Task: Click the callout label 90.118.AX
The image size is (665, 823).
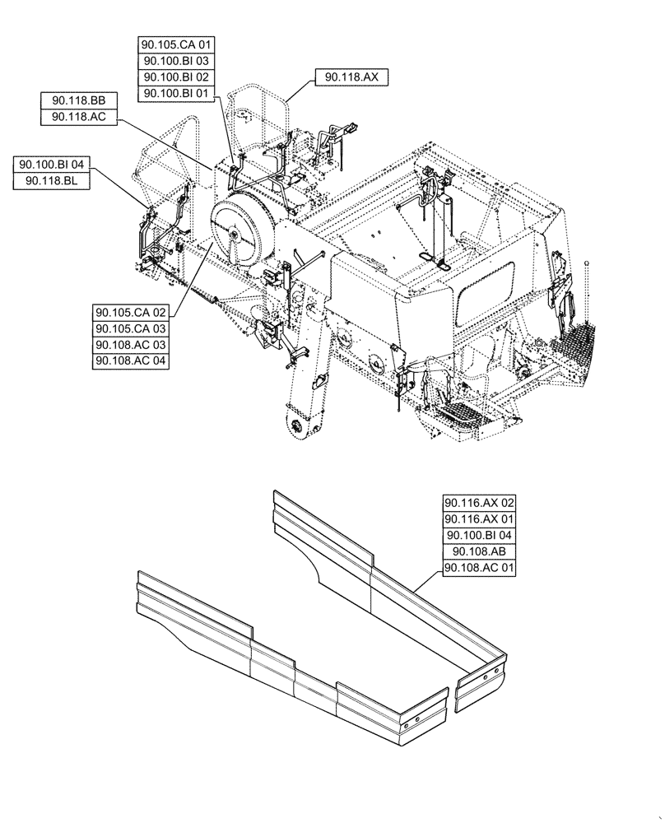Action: pyautogui.click(x=351, y=77)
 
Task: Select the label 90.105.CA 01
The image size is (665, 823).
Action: pyautogui.click(x=177, y=44)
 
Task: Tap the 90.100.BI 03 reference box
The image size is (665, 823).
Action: pyautogui.click(x=177, y=61)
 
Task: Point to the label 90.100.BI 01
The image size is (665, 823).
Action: pyautogui.click(x=177, y=94)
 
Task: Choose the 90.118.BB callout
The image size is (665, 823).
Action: pyautogui.click(x=79, y=100)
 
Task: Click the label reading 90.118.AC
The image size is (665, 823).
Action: pyautogui.click(x=79, y=117)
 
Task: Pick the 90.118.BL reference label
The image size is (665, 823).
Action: pyautogui.click(x=52, y=181)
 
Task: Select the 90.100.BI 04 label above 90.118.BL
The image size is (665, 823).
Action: pyautogui.click(x=52, y=165)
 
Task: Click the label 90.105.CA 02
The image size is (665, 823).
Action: pyautogui.click(x=131, y=312)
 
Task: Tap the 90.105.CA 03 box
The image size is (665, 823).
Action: pyautogui.click(x=131, y=328)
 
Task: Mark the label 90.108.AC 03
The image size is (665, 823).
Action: pyautogui.click(x=131, y=345)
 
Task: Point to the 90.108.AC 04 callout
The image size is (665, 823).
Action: pyautogui.click(x=131, y=361)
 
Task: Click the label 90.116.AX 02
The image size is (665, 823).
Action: pyautogui.click(x=479, y=502)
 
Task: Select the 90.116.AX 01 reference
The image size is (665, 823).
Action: pyautogui.click(x=479, y=518)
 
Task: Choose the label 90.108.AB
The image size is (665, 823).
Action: pyautogui.click(x=479, y=551)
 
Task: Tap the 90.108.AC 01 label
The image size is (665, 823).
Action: pyautogui.click(x=479, y=568)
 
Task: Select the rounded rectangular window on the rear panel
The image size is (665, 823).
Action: pyautogui.click(x=488, y=293)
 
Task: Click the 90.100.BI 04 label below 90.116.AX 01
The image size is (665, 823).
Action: pyautogui.click(x=479, y=535)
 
